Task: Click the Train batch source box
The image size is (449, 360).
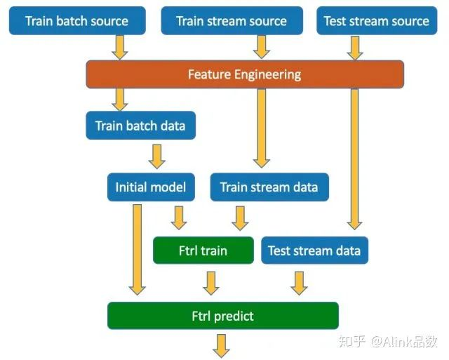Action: pyautogui.click(x=77, y=21)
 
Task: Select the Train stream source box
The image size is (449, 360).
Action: pyautogui.click(x=232, y=21)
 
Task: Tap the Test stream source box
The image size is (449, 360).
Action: pyautogui.click(x=377, y=21)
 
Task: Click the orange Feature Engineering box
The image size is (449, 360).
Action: pyautogui.click(x=245, y=74)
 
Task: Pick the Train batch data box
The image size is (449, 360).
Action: pyautogui.click(x=140, y=126)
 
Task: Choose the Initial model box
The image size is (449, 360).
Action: pyautogui.click(x=151, y=187)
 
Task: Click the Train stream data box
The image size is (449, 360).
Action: pyautogui.click(x=269, y=187)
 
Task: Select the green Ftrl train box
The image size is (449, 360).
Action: pyautogui.click(x=203, y=251)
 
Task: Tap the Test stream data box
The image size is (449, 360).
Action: pyautogui.click(x=315, y=251)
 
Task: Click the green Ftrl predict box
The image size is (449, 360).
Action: pyautogui.click(x=223, y=316)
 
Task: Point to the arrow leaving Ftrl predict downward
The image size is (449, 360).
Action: pyautogui.click(x=222, y=346)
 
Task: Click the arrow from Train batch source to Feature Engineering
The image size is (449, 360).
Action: pyautogui.click(x=120, y=48)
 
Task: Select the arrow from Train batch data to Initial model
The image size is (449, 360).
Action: pyautogui.click(x=157, y=156)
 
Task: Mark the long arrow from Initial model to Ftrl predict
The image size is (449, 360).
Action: pyautogui.click(x=138, y=249)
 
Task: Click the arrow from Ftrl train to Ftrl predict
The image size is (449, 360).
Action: pyautogui.click(x=211, y=284)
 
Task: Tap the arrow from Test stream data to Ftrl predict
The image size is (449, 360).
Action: pyautogui.click(x=300, y=284)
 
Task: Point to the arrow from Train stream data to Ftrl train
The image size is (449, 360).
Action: pyautogui.click(x=240, y=218)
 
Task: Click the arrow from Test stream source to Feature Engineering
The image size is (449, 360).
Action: pyautogui.click(x=355, y=48)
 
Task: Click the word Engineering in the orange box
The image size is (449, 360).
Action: pyautogui.click(x=267, y=75)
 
